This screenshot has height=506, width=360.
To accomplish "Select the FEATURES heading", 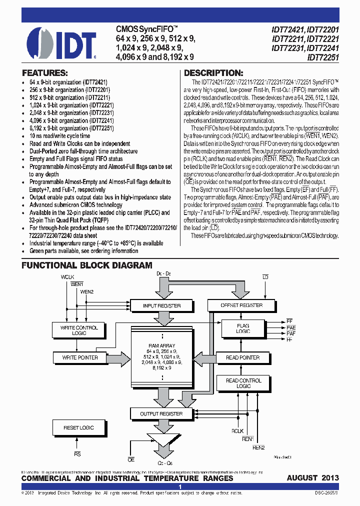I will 44,72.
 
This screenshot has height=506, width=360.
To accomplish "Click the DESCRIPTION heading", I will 213,72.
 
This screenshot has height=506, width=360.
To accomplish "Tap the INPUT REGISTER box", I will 161,305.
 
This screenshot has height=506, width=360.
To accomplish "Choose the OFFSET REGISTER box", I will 241,305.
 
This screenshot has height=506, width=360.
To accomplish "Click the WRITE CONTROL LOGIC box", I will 79,330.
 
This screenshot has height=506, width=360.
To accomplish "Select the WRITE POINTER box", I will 79,357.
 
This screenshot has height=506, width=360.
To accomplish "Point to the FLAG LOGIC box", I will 243,328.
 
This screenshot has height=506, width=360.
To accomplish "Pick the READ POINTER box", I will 243,357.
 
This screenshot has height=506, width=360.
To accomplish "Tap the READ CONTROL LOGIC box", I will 243,383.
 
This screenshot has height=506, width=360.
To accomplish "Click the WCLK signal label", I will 67,276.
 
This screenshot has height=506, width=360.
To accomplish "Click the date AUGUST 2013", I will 312,478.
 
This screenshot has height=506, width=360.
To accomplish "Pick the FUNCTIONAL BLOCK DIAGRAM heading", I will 86,265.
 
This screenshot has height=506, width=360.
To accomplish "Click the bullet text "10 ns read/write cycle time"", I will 60,135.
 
